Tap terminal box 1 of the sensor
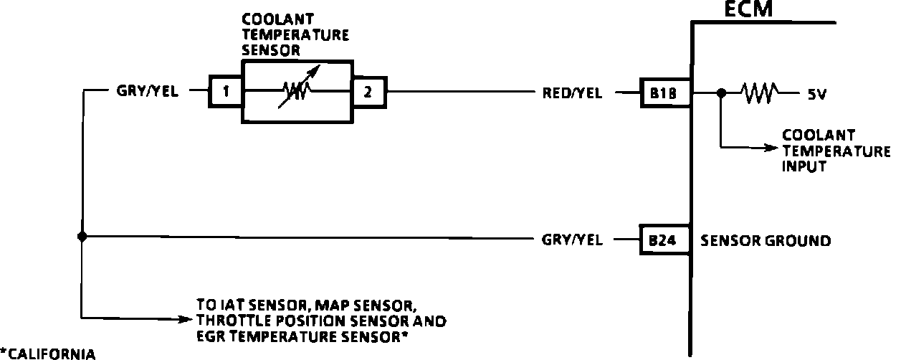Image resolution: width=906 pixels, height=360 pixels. (x=226, y=92)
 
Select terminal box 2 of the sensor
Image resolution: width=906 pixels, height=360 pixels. (x=368, y=92)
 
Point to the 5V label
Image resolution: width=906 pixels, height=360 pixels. (x=817, y=93)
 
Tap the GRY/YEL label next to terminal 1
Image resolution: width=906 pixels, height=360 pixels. (x=148, y=92)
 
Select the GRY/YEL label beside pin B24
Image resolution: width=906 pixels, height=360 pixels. (x=572, y=240)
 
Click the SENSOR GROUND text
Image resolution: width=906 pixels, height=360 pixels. (x=766, y=241)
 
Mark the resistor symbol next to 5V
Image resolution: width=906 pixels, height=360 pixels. (x=760, y=93)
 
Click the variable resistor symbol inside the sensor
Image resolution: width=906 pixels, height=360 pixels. (x=297, y=91)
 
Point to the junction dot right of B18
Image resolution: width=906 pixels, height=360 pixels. (x=722, y=93)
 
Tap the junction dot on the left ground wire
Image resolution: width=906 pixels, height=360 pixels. (x=82, y=236)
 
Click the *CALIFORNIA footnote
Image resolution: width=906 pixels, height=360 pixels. (x=48, y=353)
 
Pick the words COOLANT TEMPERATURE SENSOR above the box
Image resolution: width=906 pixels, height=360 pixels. (x=295, y=34)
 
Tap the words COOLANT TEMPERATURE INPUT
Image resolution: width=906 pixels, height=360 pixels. (x=836, y=151)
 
